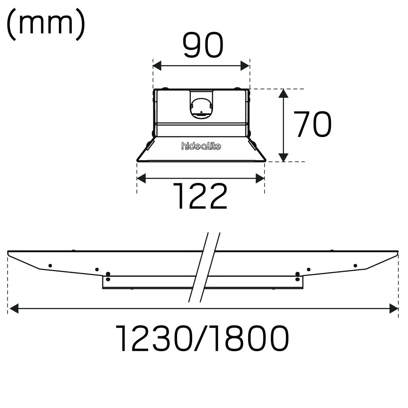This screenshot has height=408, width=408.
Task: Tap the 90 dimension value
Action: pyautogui.click(x=203, y=45)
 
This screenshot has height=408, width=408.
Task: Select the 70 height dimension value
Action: pyautogui.click(x=312, y=124)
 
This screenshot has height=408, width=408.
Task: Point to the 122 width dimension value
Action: pyautogui.click(x=200, y=196)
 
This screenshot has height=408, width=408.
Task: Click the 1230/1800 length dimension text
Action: pyautogui.click(x=203, y=338)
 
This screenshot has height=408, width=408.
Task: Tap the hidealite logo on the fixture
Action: pyautogui.click(x=201, y=146)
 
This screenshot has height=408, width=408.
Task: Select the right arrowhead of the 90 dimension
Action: pyautogui.click(x=245, y=66)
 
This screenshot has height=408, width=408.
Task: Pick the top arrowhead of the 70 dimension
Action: pyautogui.click(x=284, y=93)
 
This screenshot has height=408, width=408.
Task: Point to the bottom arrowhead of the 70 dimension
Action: pyautogui.click(x=284, y=157)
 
